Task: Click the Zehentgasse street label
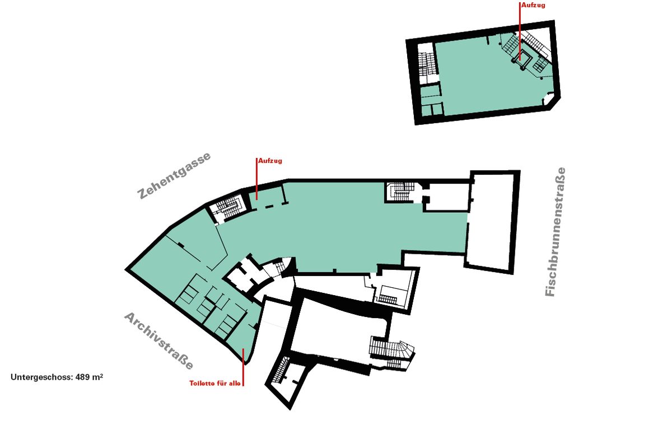pos(174,176)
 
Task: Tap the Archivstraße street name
pos(158,341)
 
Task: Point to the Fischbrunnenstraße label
pos(556,232)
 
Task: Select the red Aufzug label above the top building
pos(533,5)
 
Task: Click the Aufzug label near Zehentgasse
pos(270,161)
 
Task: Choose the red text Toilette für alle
pos(215,384)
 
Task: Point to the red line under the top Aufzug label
pos(520,28)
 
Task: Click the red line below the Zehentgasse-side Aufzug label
pos(256,179)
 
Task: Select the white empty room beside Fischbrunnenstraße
pos(491,222)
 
